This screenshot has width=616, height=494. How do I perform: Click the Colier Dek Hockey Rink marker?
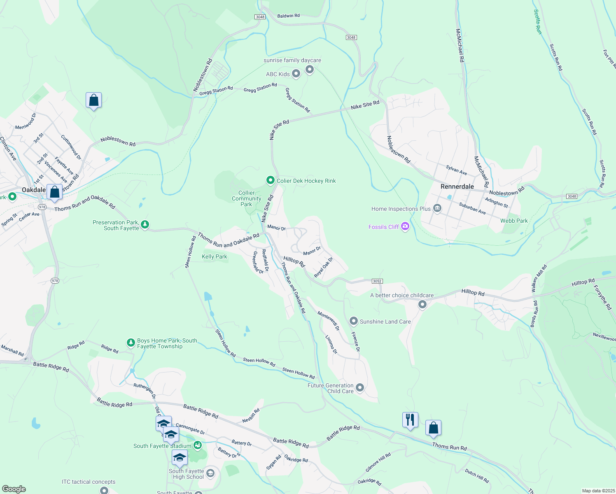point(270,180)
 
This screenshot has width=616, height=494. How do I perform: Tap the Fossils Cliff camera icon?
point(405,226)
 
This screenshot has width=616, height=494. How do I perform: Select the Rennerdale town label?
point(457,186)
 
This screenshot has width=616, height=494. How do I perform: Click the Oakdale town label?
point(34,190)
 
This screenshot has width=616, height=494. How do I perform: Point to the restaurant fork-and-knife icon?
point(410,420)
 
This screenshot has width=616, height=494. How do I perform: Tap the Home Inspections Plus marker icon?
point(437,209)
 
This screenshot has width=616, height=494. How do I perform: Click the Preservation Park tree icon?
point(145,224)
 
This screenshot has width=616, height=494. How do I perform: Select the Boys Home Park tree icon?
point(131,343)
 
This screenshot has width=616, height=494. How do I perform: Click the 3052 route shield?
point(377,281)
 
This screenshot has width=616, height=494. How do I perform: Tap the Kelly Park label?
point(215,256)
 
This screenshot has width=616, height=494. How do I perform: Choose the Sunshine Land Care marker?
point(353,321)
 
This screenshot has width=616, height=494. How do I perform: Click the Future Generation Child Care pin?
point(360,387)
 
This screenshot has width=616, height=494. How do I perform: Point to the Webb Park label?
point(514,221)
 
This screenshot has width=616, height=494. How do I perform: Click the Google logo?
point(14,489)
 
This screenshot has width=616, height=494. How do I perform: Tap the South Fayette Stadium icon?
point(198,445)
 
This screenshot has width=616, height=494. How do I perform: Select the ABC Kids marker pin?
point(296,74)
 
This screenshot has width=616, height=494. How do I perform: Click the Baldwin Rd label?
point(288,16)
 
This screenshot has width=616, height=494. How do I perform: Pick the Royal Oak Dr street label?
point(323,268)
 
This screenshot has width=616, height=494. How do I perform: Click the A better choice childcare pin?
point(422,304)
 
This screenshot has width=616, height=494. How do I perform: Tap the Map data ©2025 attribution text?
point(598,491)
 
